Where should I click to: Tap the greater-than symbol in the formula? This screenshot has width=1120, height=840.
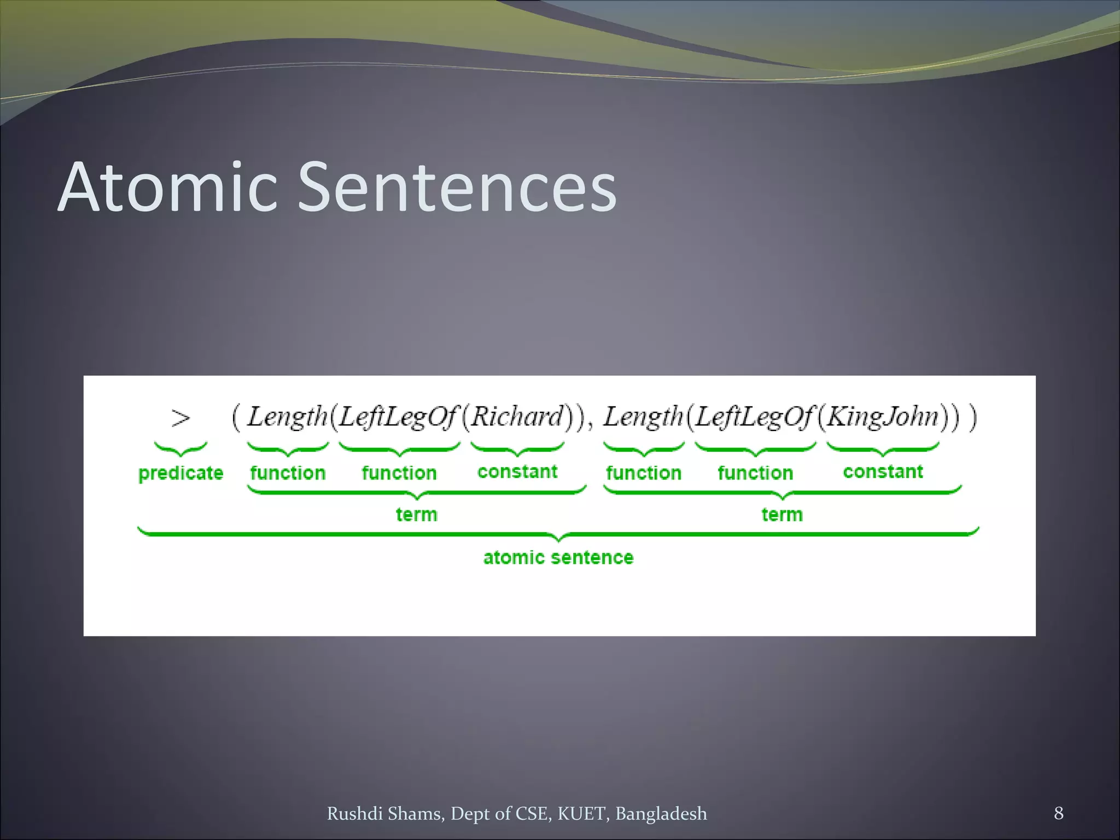pyautogui.click(x=180, y=418)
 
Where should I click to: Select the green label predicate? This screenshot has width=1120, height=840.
pyautogui.click(x=180, y=473)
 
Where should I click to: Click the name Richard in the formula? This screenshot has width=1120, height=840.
pyautogui.click(x=517, y=417)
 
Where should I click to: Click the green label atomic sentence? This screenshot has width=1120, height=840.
pyautogui.click(x=558, y=557)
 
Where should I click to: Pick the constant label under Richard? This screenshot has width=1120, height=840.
pyautogui.click(x=517, y=471)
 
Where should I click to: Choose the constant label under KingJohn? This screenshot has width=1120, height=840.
pyautogui.click(x=883, y=471)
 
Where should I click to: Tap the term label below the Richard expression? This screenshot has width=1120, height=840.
pyautogui.click(x=417, y=515)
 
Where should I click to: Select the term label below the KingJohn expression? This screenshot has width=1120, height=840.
pyautogui.click(x=782, y=515)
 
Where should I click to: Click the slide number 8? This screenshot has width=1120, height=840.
pyautogui.click(x=1059, y=813)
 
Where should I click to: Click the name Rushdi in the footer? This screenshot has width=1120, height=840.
pyautogui.click(x=354, y=814)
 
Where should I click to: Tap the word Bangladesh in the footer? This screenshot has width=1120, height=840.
pyautogui.click(x=661, y=814)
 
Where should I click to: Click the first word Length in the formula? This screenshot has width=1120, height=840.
pyautogui.click(x=287, y=417)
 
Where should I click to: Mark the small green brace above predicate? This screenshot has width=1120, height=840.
pyautogui.click(x=180, y=449)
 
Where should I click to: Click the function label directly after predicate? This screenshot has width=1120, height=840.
pyautogui.click(x=288, y=473)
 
